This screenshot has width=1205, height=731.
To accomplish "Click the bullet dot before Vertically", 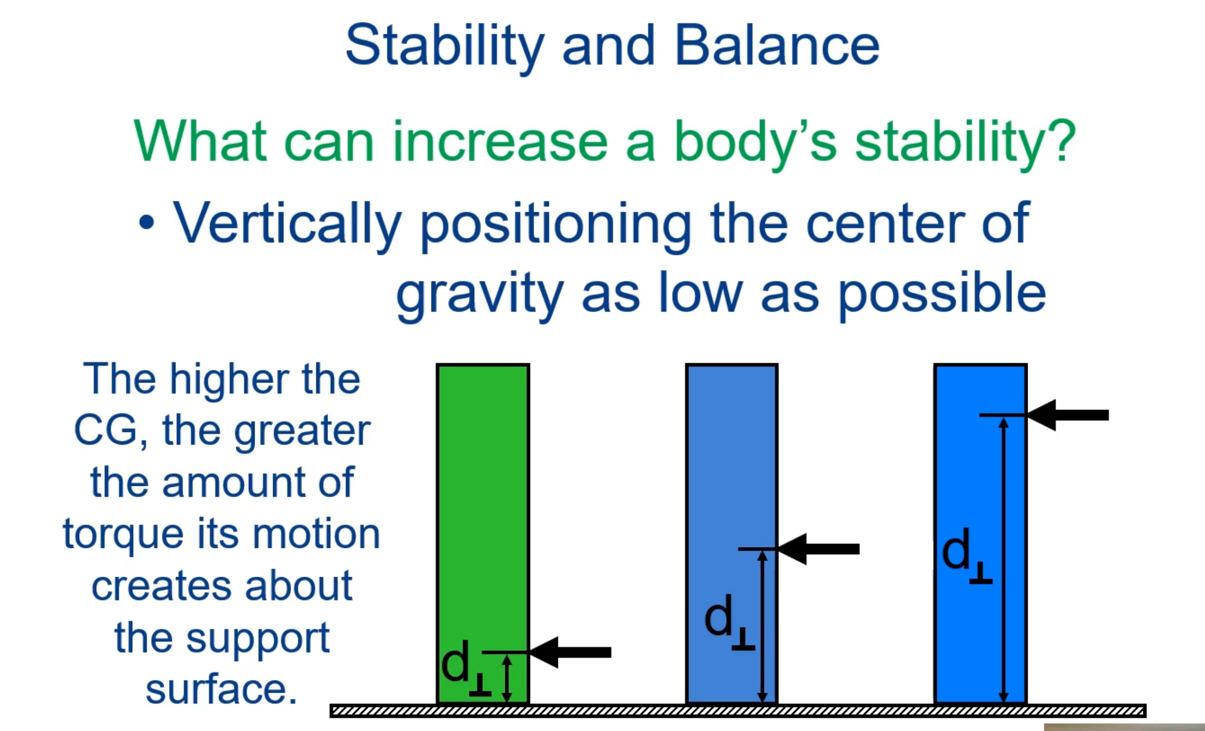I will (x=146, y=223).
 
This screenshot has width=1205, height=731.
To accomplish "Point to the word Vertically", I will (x=288, y=224).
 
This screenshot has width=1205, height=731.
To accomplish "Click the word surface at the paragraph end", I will (x=221, y=689).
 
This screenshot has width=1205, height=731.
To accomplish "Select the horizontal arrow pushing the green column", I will (x=572, y=652).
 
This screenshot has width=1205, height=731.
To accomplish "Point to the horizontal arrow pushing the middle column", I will (x=820, y=549).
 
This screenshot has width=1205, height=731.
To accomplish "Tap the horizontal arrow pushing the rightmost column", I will (x=1069, y=415).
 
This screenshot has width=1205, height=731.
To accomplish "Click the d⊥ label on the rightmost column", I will (x=966, y=555).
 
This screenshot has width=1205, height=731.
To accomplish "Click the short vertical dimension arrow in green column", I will (x=507, y=678).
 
